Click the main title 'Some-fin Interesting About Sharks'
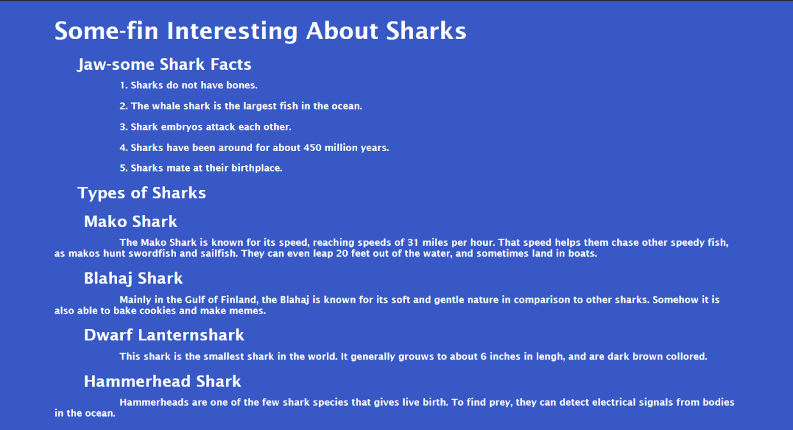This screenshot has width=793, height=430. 260,31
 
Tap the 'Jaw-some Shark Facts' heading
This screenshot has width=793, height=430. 164,65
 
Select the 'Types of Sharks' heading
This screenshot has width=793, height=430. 141,193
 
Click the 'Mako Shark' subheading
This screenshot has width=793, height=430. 131,222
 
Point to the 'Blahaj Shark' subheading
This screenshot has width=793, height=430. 133,278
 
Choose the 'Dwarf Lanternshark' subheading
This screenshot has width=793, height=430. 164,335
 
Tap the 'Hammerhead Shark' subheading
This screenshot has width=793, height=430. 163,382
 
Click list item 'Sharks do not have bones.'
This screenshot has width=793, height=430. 194,85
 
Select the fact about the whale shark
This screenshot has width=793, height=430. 246,106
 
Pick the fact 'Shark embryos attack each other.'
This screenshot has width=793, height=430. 211,127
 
